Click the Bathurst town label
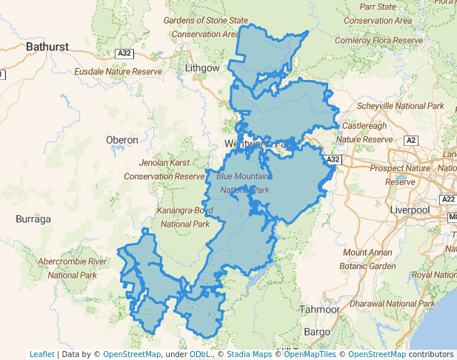(47, 47)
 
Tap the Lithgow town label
(202, 67)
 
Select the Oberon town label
(122, 139)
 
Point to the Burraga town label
(33, 219)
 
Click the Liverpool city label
(410, 210)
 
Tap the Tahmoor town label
(319, 309)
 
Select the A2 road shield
(411, 139)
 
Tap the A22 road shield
(448, 199)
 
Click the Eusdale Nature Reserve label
(118, 72)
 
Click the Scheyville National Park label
(400, 106)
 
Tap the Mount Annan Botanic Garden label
(367, 259)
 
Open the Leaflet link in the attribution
(41, 354)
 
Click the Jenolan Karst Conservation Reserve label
(164, 169)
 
